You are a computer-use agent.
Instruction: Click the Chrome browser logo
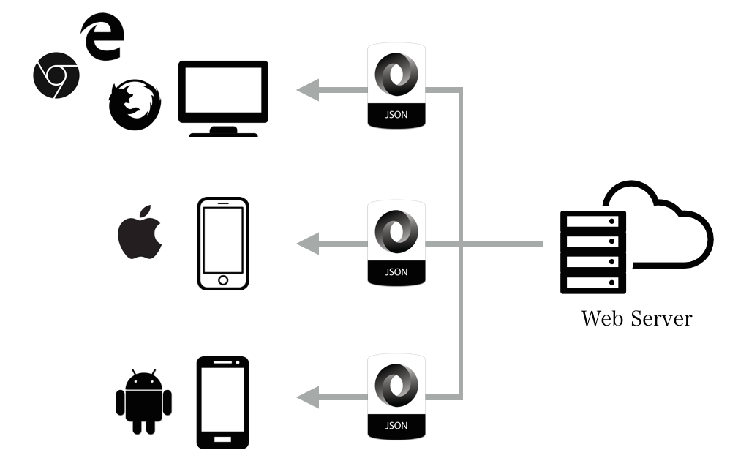[x=56, y=76]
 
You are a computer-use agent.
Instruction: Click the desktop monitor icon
[x=223, y=92]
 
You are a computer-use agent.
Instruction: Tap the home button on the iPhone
[x=223, y=280]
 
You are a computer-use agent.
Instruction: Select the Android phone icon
[x=223, y=402]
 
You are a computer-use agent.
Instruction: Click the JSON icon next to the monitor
[x=396, y=86]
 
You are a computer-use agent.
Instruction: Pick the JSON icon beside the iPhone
[x=396, y=242]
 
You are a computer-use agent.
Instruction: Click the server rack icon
[x=593, y=252]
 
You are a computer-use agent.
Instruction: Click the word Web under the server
[x=602, y=319]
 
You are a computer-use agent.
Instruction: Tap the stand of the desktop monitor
[x=223, y=131]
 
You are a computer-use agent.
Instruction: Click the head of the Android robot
[x=143, y=382]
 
